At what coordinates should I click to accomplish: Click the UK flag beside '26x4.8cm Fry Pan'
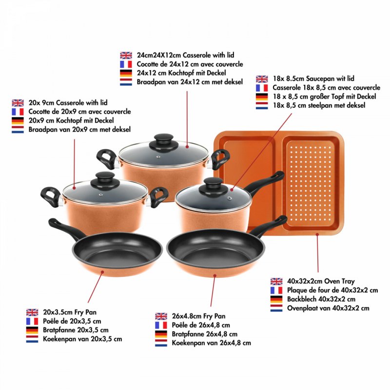161,316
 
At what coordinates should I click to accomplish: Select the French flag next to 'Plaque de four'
276,290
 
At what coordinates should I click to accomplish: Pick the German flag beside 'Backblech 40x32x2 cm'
276,299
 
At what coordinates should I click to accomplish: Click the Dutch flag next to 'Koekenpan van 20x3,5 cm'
32,339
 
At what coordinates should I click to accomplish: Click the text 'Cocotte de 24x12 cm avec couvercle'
190,64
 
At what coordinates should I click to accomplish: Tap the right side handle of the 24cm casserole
220,159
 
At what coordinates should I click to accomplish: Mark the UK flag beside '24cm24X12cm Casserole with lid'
126,56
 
